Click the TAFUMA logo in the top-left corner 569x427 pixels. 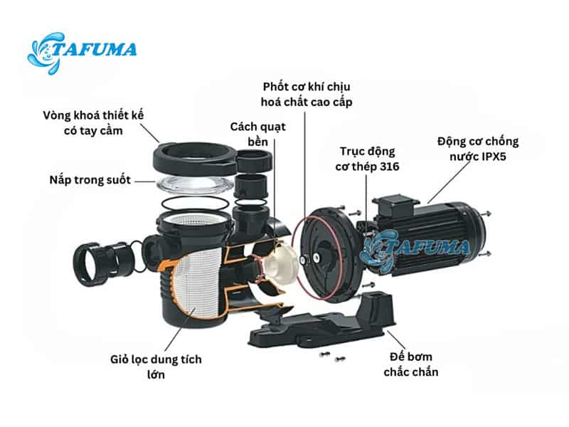[x=82, y=52]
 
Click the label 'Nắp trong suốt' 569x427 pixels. [x=90, y=180]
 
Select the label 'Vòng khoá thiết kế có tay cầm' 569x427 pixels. [x=93, y=123]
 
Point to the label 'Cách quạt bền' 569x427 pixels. [x=257, y=134]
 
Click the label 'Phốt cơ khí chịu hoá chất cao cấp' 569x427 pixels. [x=307, y=95]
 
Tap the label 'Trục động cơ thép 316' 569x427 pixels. [x=367, y=159]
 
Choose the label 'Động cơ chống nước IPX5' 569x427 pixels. [x=478, y=149]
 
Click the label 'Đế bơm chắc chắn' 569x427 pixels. [x=411, y=364]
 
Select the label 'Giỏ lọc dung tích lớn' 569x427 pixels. [x=156, y=367]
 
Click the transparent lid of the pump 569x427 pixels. [x=195, y=185]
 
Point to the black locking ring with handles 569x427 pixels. [x=212, y=159]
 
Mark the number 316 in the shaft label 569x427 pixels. [x=389, y=167]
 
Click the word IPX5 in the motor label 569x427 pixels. [x=494, y=157]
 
